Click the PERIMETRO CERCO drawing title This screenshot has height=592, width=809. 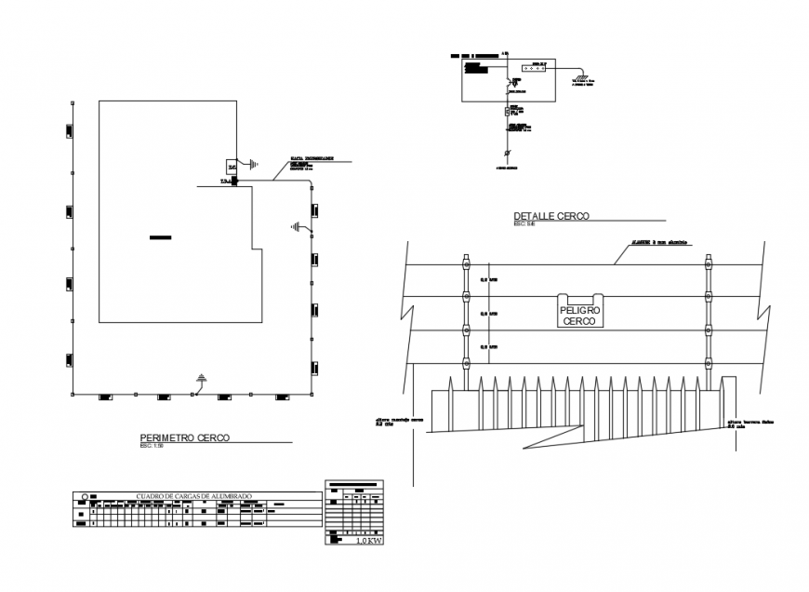click(184, 437)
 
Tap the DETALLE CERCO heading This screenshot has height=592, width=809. click(551, 216)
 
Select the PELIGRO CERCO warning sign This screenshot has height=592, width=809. click(579, 314)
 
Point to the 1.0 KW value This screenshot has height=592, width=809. click(369, 540)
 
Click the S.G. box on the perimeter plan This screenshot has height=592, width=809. click(232, 165)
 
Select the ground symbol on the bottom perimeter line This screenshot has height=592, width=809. click(201, 377)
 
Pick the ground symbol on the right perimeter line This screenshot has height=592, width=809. click(296, 226)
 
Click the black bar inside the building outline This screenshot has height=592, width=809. click(161, 239)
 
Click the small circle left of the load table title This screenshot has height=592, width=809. click(86, 496)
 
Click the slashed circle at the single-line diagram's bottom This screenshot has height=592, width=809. click(507, 152)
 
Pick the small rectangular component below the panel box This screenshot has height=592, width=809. click(507, 112)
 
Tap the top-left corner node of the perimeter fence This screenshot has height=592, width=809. click(73, 102)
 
